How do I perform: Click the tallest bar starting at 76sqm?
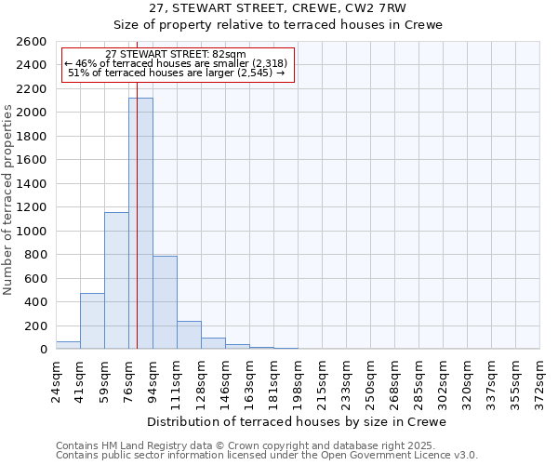click(x=140, y=223)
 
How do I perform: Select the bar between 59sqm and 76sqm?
click(x=116, y=280)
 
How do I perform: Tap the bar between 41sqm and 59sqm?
click(x=92, y=321)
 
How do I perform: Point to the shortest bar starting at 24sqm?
click(x=68, y=345)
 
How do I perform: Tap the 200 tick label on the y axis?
click(x=37, y=325)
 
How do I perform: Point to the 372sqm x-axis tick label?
click(x=539, y=379)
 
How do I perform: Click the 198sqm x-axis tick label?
click(x=298, y=379)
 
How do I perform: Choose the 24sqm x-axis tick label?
click(x=56, y=377)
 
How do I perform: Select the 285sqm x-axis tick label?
click(x=418, y=379)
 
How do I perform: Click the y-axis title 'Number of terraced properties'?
click(x=9, y=200)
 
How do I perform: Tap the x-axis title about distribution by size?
click(x=297, y=422)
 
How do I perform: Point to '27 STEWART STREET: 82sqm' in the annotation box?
click(x=176, y=54)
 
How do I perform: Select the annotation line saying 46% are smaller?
click(x=177, y=63)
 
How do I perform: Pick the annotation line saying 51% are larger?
click(x=177, y=73)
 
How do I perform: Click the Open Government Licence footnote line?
click(x=267, y=456)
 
